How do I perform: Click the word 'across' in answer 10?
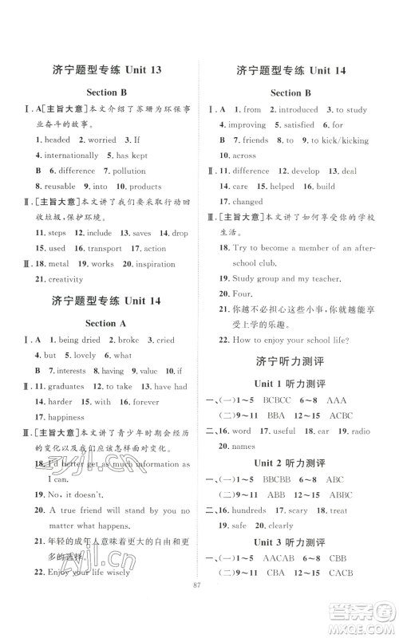(243, 156)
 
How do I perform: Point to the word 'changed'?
(248, 202)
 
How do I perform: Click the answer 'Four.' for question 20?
(242, 294)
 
